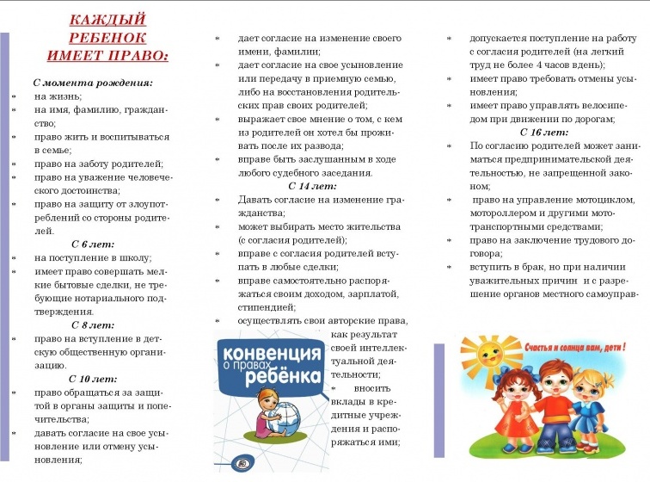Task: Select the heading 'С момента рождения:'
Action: [x=93, y=83]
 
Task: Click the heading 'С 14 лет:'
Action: [x=312, y=186]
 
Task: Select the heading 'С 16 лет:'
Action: [x=544, y=133]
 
